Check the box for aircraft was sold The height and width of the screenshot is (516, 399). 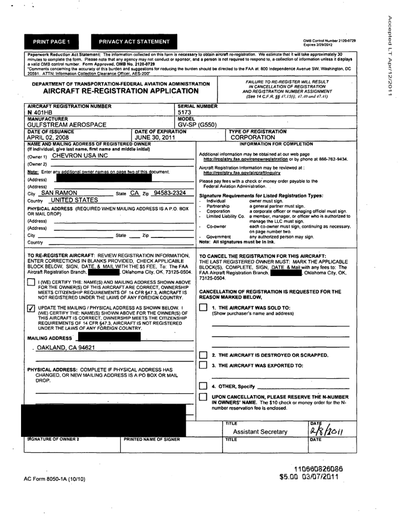tap(203, 307)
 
